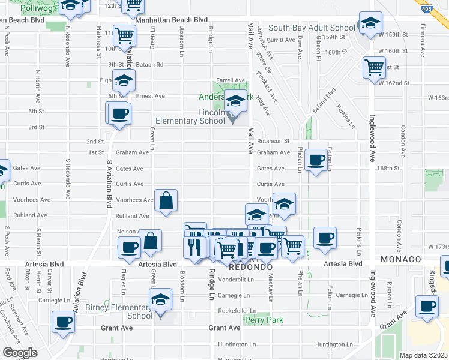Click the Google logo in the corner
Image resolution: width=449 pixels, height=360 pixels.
[x=20, y=353]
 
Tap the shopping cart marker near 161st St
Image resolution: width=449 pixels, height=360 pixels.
[x=374, y=67]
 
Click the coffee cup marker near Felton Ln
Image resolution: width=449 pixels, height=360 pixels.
[x=316, y=160]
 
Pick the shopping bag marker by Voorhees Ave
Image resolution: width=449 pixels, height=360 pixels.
[x=166, y=200]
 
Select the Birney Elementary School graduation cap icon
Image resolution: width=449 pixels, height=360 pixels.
[x=161, y=299]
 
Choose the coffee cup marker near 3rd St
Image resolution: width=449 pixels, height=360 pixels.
[x=119, y=114]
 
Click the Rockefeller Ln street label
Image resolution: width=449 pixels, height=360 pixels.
[x=237, y=311]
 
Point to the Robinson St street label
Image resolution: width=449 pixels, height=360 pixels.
[x=273, y=141]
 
